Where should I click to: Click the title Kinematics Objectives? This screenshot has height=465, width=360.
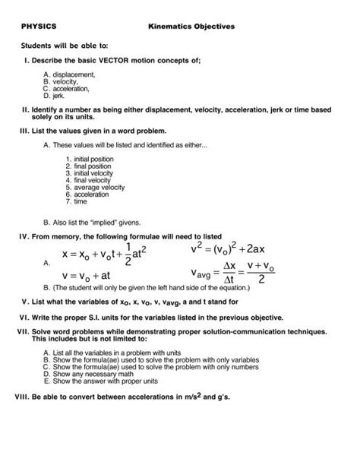[191, 26]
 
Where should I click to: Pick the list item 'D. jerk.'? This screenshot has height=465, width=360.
[56, 97]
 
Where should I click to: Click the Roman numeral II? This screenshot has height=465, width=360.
[21, 109]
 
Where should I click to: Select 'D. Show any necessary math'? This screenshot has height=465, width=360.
[86, 374]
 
